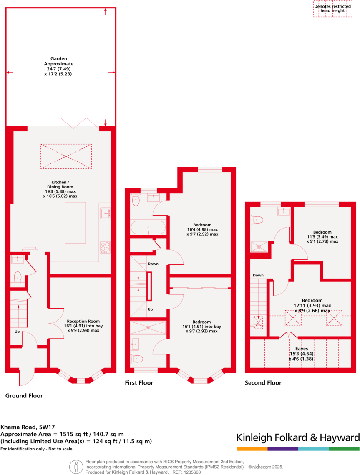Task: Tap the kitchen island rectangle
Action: click(x=75, y=223)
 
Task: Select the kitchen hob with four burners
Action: click(x=105, y=247)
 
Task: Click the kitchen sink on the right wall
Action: click(x=106, y=213)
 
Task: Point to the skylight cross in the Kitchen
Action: click(x=66, y=156)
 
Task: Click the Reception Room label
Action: click(x=83, y=326)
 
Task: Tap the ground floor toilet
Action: click(x=18, y=277)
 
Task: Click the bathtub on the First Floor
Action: click(x=148, y=227)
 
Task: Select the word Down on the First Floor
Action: click(x=153, y=264)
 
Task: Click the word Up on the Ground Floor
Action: click(x=17, y=332)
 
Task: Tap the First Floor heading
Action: click(x=139, y=382)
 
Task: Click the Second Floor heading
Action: click(x=263, y=382)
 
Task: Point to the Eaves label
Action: click(x=302, y=354)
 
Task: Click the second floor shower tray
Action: click(x=259, y=246)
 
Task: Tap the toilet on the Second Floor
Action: click(x=257, y=220)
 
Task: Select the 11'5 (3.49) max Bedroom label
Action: click(x=322, y=236)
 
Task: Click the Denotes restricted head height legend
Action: click(x=333, y=8)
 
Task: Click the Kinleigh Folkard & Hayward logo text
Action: click(x=298, y=438)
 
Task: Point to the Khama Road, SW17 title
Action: click(x=28, y=427)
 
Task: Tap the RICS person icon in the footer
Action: click(x=76, y=467)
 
